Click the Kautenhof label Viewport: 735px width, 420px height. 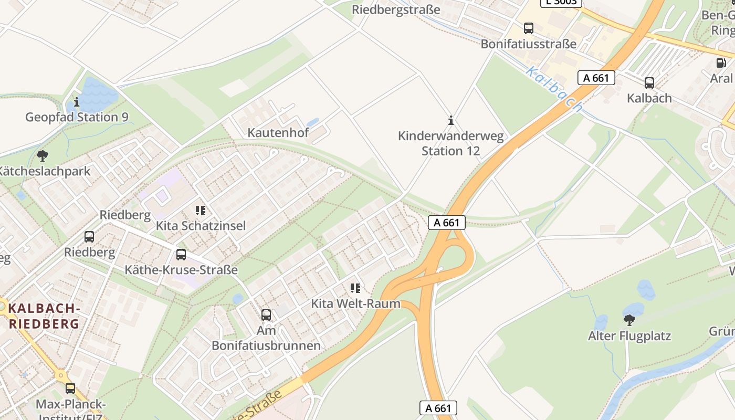tap(278, 133)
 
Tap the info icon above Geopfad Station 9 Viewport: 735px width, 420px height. tap(77, 102)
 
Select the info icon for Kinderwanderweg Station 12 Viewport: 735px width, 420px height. tap(450, 121)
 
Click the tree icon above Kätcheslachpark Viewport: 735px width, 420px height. tap(43, 156)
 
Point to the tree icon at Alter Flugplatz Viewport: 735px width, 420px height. tap(629, 320)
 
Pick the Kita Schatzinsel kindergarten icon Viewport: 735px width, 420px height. tap(200, 211)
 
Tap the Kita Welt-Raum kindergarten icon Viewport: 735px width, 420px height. tap(355, 288)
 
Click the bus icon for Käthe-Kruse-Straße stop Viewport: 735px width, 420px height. tap(181, 255)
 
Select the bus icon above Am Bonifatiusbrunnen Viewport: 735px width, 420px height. tap(266, 315)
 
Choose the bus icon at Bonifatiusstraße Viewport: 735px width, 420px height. tap(529, 28)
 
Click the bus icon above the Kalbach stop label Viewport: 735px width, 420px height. tap(649, 83)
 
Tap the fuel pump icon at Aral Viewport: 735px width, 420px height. tap(721, 63)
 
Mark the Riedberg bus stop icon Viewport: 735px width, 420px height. tap(89, 237)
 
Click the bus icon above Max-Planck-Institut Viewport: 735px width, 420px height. tap(70, 389)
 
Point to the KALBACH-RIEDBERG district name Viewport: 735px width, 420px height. tap(44, 316)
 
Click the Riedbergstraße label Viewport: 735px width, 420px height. tap(396, 10)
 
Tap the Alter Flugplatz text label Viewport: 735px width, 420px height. tap(629, 336)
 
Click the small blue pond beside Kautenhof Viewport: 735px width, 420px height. tap(312, 122)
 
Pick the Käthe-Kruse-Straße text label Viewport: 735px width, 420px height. tap(181, 270)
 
